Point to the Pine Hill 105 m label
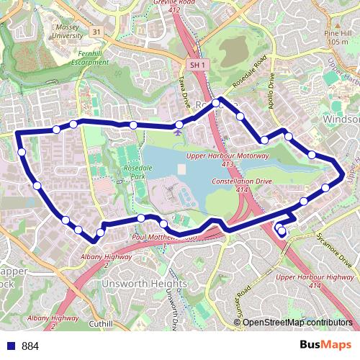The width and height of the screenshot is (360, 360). (x=336, y=37)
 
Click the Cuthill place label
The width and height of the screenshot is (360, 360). (x=101, y=324)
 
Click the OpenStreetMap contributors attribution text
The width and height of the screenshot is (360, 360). (x=297, y=323)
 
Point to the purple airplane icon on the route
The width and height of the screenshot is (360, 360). (x=178, y=130)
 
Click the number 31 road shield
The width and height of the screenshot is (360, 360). (x=96, y=32)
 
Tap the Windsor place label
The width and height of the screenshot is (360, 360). (x=341, y=118)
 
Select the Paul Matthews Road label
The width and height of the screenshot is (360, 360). (x=164, y=236)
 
